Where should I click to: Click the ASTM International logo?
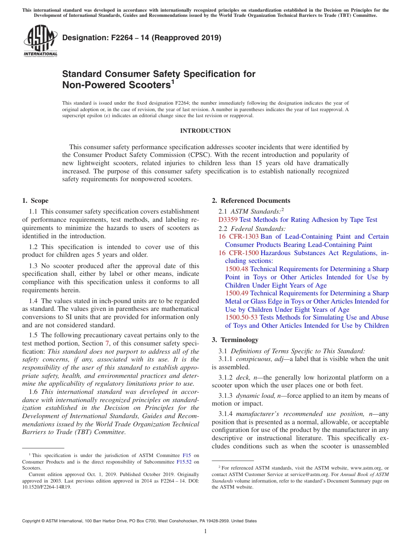[40, 41]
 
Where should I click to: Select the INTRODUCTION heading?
[205, 131]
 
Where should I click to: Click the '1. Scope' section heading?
[35, 201]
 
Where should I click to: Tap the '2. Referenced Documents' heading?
[251, 201]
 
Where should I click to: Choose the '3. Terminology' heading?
[235, 340]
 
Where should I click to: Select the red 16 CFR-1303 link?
[238, 237]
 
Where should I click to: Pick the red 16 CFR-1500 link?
[238, 253]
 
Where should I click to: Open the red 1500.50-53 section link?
[241, 317]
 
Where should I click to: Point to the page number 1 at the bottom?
[205, 531]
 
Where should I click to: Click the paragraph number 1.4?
[33, 301]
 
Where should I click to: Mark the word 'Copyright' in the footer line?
[32, 521]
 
